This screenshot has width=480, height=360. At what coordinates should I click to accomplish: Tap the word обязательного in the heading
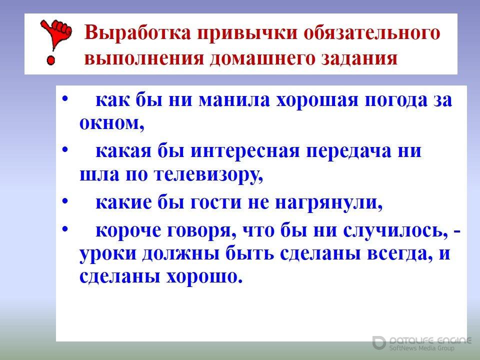click(372, 33)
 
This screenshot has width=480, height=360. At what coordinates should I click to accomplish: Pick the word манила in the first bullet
click(234, 100)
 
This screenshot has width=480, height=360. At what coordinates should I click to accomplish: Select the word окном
click(111, 123)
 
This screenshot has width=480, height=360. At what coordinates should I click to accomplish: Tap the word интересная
click(245, 151)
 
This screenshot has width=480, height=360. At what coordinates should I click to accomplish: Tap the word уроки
click(107, 254)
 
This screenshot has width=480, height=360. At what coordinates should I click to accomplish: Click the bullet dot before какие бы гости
click(65, 201)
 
